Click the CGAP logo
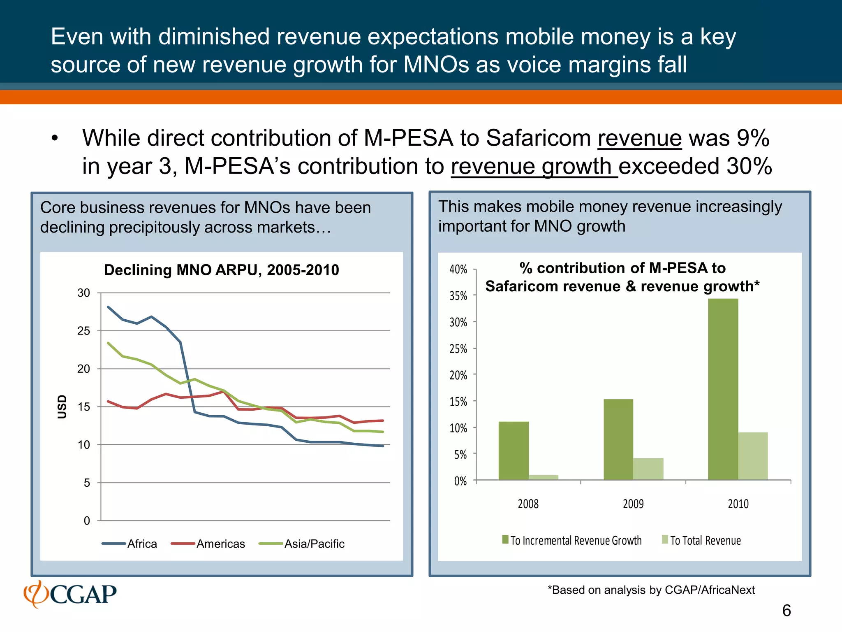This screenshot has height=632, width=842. point(70,594)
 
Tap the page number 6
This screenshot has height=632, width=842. point(786,611)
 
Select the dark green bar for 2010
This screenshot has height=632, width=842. point(723,389)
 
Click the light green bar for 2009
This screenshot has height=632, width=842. point(648,469)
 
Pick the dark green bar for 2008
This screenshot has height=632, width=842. point(514,451)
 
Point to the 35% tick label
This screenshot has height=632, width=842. point(458,296)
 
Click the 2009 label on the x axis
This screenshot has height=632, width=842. point(633,504)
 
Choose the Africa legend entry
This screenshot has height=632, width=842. point(130,544)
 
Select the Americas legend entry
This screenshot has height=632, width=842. point(208,544)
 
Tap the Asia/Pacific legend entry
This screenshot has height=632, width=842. point(301,544)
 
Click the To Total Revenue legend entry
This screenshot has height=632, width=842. point(701,541)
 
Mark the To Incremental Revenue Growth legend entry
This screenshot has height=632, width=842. point(572,541)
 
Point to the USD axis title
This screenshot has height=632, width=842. point(62,407)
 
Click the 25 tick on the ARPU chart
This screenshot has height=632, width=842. point(83,331)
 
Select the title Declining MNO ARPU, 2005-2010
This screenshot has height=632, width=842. point(221,270)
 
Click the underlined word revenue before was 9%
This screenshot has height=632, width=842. point(639,138)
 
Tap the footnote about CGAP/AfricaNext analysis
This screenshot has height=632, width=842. point(651,590)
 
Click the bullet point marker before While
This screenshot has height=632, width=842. point(55,139)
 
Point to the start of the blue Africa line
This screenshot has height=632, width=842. point(108,307)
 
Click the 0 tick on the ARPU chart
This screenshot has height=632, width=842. point(87,520)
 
